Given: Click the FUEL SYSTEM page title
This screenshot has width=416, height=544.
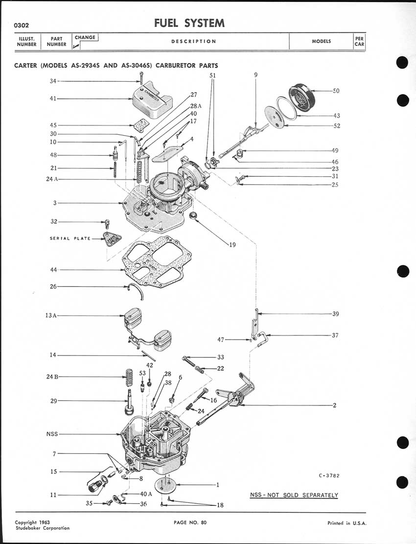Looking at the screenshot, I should point(189,23).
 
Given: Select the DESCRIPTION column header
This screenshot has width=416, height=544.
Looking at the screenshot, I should point(193,42).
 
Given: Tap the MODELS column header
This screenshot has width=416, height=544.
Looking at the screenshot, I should point(321,42).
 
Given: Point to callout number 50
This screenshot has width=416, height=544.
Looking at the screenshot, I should point(336,91).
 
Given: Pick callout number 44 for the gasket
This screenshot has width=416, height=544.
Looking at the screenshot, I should point(53,270).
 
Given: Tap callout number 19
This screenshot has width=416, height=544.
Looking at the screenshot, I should point(232,245).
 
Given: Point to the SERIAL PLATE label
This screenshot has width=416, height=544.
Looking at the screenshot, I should point(70,238).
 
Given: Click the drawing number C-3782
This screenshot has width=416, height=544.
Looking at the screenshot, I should point(328,475).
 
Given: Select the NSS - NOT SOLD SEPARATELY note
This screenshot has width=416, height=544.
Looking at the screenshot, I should point(294,495).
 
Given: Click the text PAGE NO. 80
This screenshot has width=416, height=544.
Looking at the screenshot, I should point(190,522).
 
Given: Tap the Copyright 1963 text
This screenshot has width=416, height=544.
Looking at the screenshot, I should point(32,522).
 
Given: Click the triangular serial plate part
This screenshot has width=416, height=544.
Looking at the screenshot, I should point(114,238).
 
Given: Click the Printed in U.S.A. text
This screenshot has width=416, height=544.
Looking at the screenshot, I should point(347,523).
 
